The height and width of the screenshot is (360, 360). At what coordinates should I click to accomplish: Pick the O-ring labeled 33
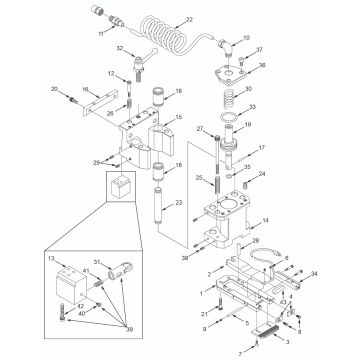tap(229, 114)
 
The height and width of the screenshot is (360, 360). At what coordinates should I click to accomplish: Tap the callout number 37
tap(259, 48)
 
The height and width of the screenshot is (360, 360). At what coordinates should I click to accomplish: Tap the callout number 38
tap(183, 258)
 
